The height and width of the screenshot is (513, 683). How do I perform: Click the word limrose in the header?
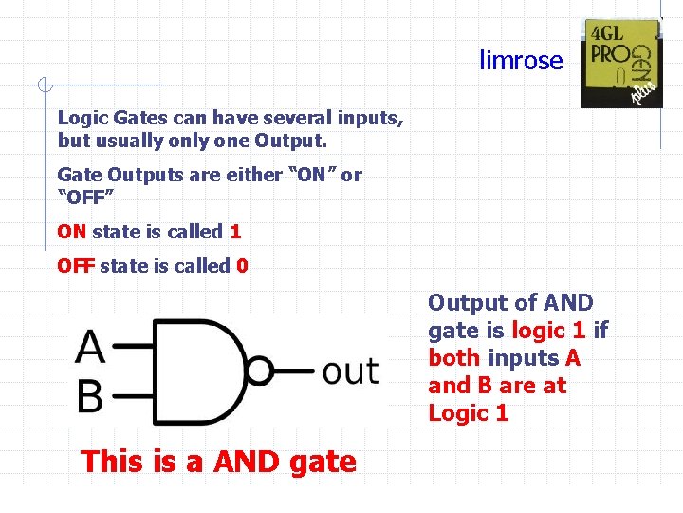pos(521,61)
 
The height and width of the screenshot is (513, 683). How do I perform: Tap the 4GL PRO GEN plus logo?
pos(621,63)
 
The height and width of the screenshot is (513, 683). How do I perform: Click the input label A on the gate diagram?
pos(90,346)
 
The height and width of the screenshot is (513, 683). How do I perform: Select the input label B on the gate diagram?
pos(89,395)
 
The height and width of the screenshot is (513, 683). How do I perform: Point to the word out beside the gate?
pos(351,370)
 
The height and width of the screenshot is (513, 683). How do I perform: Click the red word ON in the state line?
pos(72,231)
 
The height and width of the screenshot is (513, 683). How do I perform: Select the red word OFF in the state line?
pos(76,265)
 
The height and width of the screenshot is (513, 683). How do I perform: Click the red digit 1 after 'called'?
pos(235,231)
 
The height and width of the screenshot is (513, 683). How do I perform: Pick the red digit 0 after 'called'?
pos(243,265)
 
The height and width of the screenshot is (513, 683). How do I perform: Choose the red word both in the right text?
pos(454,358)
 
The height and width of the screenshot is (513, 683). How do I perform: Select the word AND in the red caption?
pos(247,462)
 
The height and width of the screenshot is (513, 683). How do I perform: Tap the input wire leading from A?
pos(134,347)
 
